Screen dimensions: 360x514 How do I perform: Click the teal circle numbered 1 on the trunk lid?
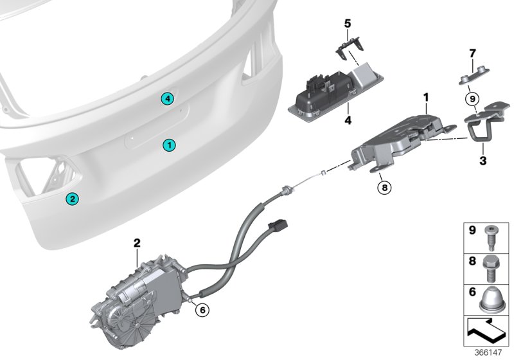[x=168, y=145]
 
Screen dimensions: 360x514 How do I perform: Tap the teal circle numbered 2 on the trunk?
[x=72, y=199]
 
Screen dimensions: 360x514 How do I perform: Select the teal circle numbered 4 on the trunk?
[x=167, y=98]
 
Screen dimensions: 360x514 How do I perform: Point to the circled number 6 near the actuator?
[x=202, y=310]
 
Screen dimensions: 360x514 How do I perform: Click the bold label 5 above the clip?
[x=348, y=24]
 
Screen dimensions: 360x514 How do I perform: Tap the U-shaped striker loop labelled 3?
[x=481, y=132]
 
